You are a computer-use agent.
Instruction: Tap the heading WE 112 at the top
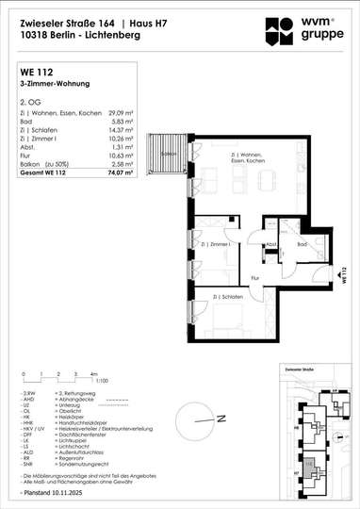tap(35, 70)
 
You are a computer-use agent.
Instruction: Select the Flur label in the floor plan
tap(254, 278)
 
